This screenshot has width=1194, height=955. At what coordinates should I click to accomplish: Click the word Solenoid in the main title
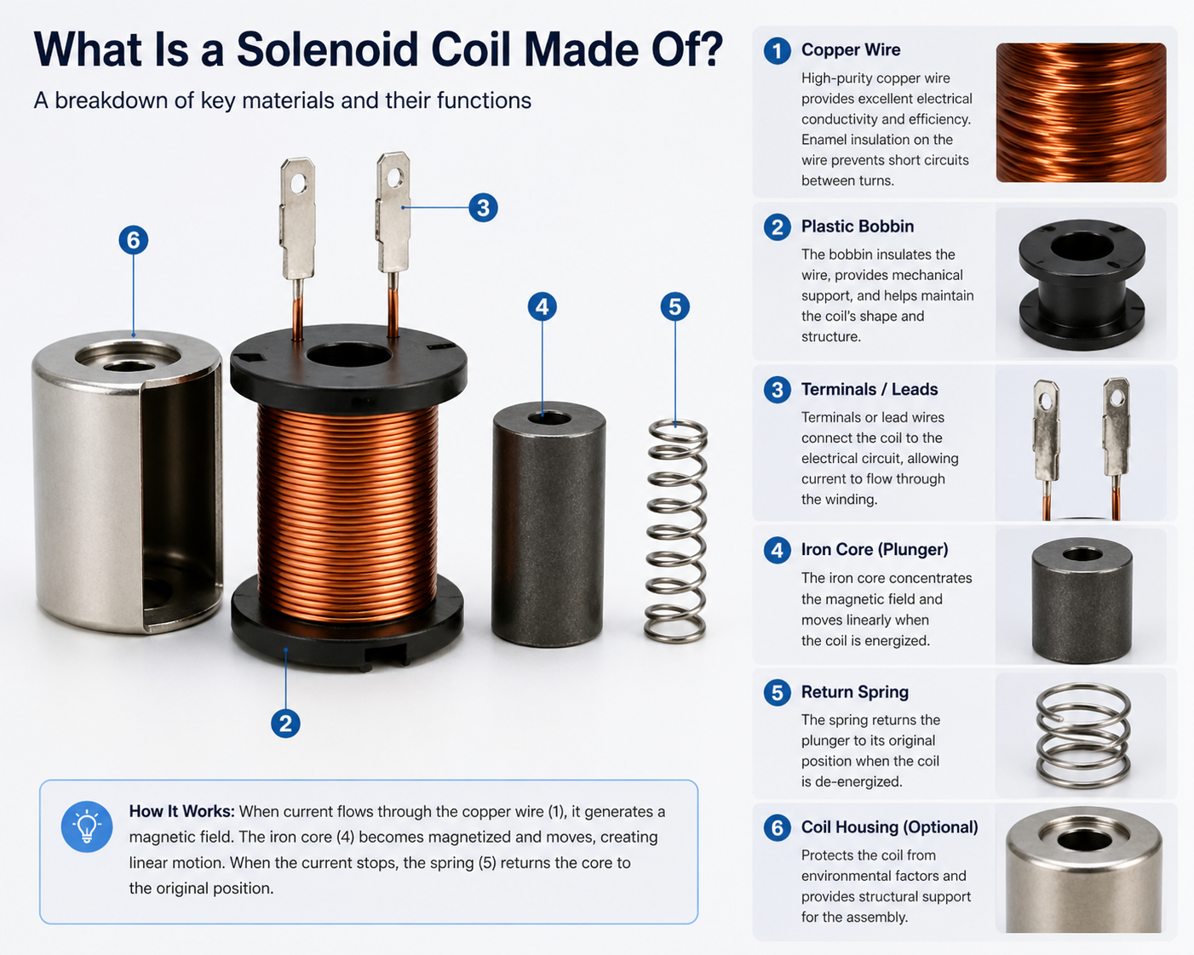click(327, 50)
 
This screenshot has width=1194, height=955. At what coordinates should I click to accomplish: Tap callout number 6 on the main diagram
click(133, 240)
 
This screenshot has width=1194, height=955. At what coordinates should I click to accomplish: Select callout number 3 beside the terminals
click(483, 208)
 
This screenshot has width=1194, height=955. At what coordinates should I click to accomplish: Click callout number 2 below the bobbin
click(285, 723)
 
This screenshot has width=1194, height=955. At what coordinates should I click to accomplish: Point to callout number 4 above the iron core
click(542, 306)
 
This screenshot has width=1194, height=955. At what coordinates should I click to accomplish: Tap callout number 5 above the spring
click(674, 306)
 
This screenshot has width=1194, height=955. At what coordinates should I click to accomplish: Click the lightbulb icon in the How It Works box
click(87, 826)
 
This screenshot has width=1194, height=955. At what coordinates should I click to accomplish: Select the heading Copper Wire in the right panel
click(850, 50)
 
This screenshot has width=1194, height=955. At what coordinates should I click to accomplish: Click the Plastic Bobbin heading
click(857, 226)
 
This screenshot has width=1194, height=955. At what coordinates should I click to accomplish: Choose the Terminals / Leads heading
click(869, 390)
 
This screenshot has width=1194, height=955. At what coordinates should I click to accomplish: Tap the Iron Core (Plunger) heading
click(874, 550)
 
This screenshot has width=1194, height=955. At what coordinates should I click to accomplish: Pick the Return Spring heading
click(854, 692)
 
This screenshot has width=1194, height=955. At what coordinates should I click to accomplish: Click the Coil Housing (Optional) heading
click(889, 827)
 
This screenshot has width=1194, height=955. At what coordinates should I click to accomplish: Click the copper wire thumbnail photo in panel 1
click(1081, 112)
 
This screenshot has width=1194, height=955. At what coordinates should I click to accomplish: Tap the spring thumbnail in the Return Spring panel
click(1082, 735)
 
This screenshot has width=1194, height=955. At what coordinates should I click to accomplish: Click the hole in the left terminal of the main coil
click(298, 183)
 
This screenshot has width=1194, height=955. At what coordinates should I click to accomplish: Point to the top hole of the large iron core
click(549, 418)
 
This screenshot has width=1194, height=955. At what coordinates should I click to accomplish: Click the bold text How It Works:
click(181, 812)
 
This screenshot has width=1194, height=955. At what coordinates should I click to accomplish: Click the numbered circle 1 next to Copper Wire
click(777, 51)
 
